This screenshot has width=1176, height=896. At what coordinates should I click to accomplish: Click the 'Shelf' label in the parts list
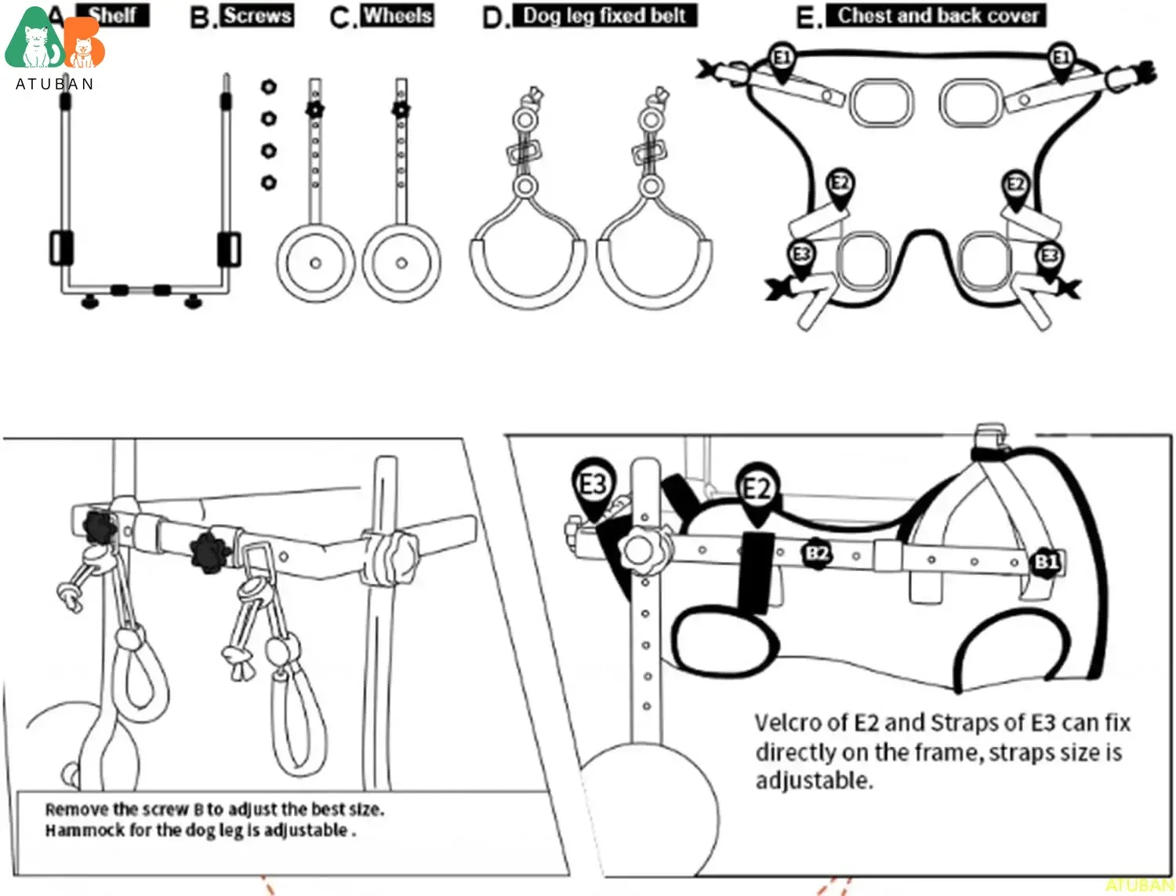pos(113,15)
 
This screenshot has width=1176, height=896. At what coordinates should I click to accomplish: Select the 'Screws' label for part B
pos(257,15)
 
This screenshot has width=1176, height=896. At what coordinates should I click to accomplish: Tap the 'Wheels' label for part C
pos(397,15)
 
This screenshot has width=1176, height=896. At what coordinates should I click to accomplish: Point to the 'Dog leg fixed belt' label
pos(604,15)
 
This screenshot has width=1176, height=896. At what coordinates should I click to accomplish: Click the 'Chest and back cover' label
pos(938,15)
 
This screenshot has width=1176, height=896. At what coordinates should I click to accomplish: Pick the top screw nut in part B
pos(269,86)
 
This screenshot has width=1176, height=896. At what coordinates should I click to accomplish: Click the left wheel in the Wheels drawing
pos(315,263)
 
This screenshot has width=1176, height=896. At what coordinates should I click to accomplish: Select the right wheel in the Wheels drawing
pos(401,263)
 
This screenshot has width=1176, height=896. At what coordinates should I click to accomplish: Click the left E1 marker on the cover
pos(782,59)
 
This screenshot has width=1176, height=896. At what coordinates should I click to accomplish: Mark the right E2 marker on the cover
pos(1016,186)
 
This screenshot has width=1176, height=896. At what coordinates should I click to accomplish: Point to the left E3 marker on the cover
pos(801,256)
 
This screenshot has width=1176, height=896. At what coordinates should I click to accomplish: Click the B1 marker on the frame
pos(1047,562)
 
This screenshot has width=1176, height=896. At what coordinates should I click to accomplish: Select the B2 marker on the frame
pos(817,553)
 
